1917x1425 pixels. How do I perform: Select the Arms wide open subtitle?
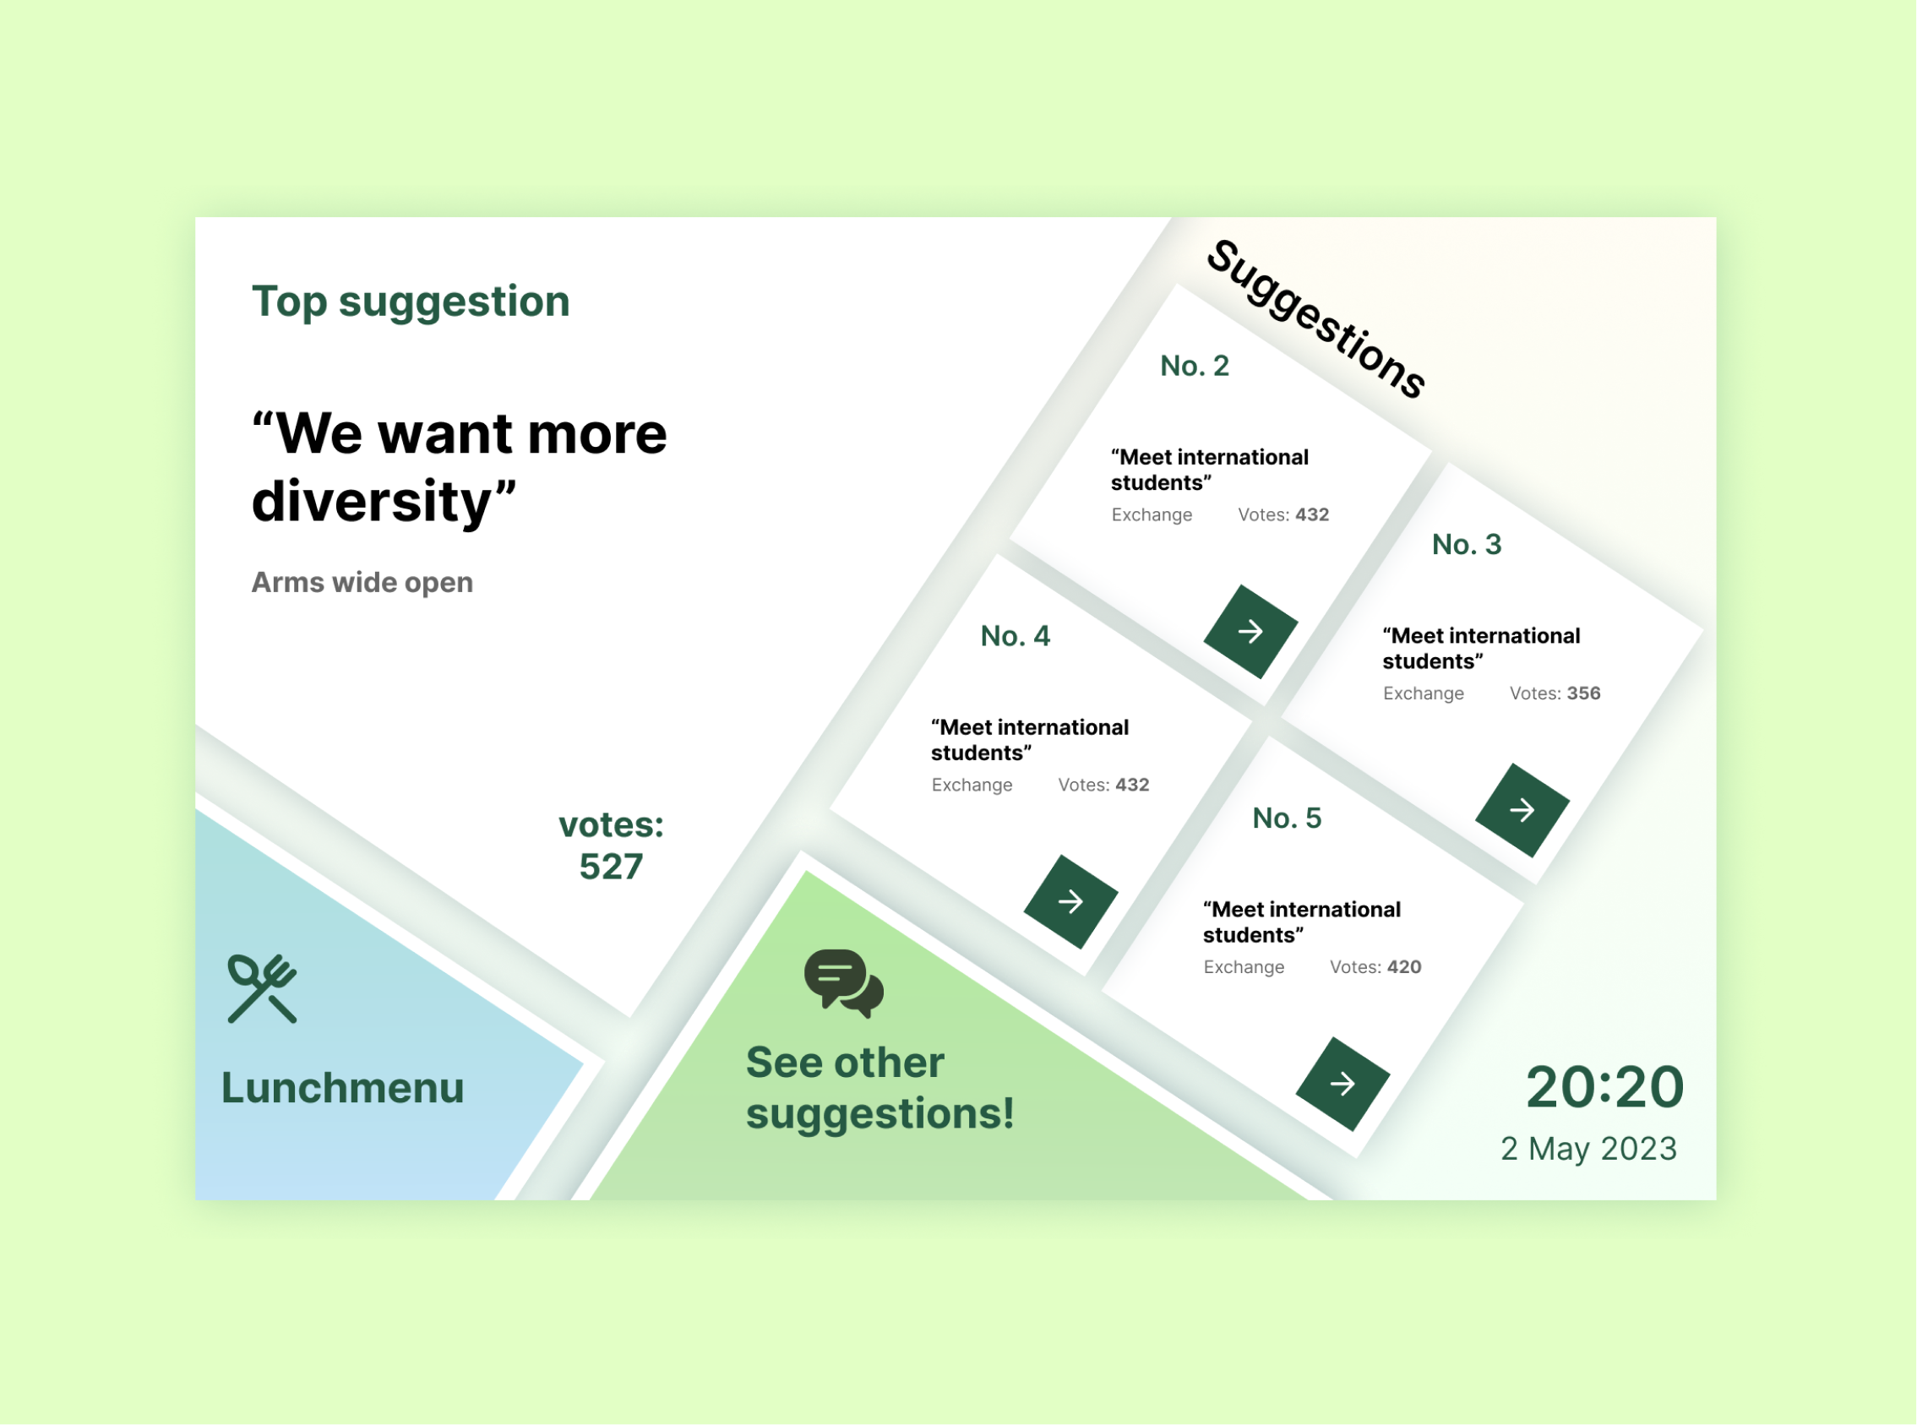tap(362, 583)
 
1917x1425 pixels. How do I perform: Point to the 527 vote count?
tap(611, 867)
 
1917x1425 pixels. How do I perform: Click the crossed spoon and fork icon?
tap(262, 988)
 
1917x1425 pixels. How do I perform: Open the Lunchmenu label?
tap(342, 1088)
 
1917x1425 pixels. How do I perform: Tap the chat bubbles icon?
tap(844, 983)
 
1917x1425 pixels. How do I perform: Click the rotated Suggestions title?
tap(1315, 319)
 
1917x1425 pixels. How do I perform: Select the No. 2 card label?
tap(1194, 366)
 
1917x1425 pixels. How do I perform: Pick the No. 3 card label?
tap(1467, 544)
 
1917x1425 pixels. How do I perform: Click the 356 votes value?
tap(1583, 693)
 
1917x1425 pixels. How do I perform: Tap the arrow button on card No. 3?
tap(1522, 810)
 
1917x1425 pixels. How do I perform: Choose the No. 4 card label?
tap(1016, 636)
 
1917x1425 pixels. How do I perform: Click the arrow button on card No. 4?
tap(1070, 901)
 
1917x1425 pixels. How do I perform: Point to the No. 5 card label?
tap(1288, 818)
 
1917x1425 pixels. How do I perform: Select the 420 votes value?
tap(1403, 967)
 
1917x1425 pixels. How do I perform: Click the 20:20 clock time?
tap(1604, 1087)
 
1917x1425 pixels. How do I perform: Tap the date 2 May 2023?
tap(1589, 1149)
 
